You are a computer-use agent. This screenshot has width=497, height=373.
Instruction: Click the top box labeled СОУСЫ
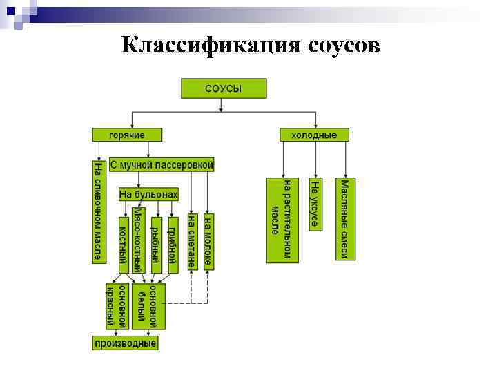[224, 88]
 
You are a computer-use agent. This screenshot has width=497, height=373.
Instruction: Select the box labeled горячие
[128, 135]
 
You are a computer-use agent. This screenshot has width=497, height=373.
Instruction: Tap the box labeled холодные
[314, 135]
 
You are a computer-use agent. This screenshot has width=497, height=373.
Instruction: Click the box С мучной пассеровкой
[162, 165]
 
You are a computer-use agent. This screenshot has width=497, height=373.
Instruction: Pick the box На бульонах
[148, 195]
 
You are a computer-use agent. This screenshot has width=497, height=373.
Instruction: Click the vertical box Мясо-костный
[139, 241]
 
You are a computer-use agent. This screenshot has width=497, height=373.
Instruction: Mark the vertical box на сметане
[191, 241]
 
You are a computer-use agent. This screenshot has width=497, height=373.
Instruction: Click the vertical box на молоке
[208, 241]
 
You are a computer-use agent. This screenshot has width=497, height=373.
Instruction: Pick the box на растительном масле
[282, 220]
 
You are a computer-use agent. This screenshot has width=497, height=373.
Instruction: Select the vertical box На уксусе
[315, 204]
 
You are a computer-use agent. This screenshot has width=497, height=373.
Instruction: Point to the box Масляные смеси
[346, 219]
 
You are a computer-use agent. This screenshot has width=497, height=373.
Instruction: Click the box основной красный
[117, 305]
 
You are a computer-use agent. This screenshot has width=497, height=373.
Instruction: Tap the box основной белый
[149, 305]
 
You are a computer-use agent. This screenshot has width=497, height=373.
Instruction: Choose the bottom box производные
[126, 343]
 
